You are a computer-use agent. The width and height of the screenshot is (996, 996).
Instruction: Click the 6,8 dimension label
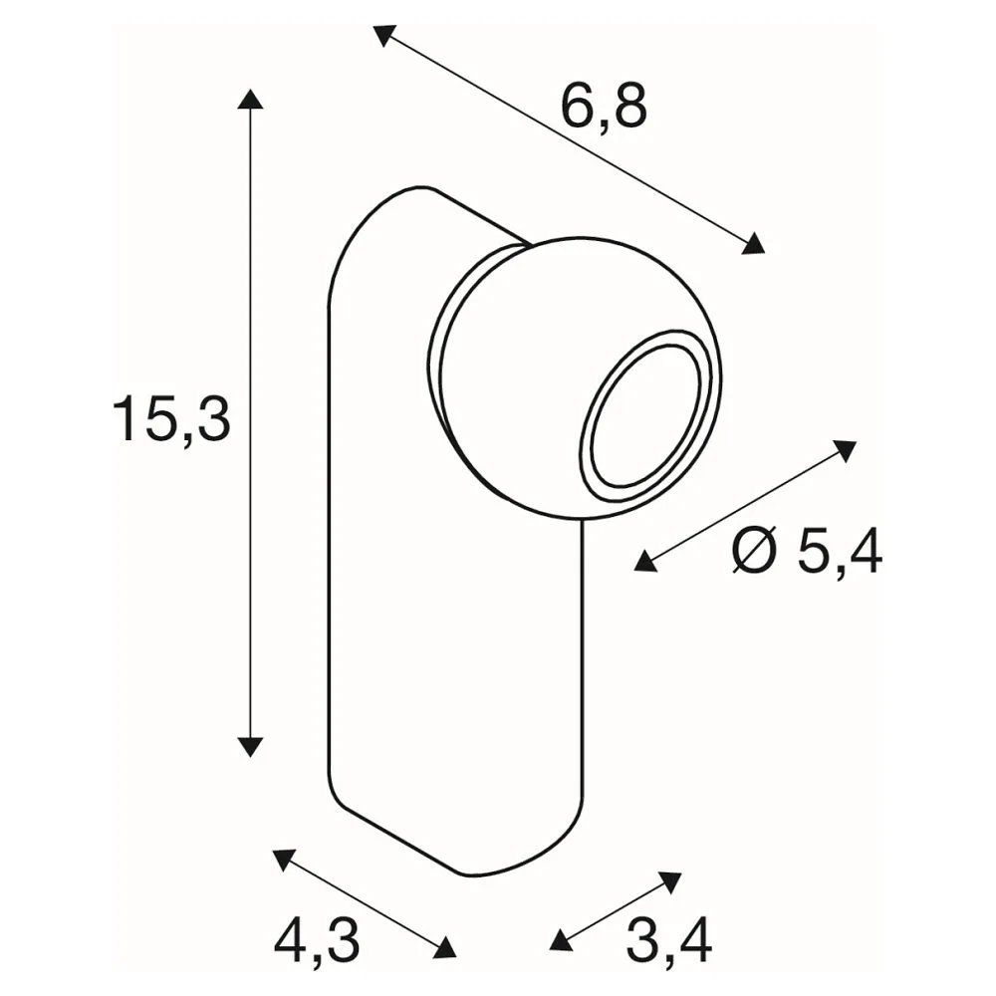(x=604, y=107)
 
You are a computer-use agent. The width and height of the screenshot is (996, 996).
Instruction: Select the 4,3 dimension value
(x=317, y=941)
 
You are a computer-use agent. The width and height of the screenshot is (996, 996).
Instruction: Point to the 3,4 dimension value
(x=669, y=941)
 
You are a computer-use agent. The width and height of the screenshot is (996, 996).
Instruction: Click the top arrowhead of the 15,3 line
(x=250, y=99)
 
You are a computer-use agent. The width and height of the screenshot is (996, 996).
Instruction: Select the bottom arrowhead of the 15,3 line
(x=250, y=747)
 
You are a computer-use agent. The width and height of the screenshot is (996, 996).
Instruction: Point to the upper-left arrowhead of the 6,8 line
(x=383, y=35)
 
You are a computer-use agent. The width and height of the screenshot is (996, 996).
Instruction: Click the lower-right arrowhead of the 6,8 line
(x=754, y=244)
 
